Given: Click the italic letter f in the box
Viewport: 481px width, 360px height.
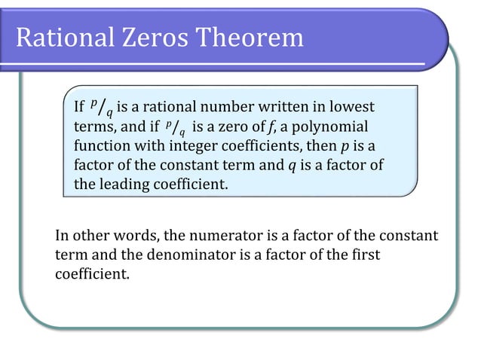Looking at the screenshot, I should click(x=259, y=127).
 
